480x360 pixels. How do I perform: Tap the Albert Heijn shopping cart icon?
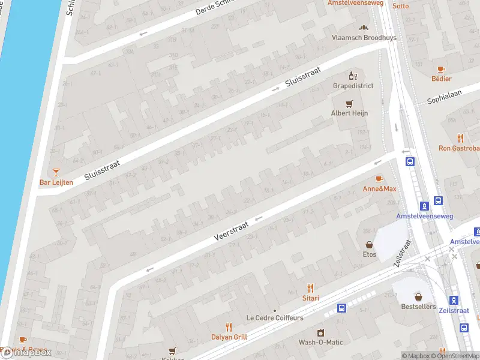click(x=350, y=103)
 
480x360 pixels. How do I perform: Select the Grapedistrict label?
click(x=353, y=86)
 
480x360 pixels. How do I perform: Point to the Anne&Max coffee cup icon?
click(x=379, y=179)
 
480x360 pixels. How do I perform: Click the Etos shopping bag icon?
click(x=369, y=245)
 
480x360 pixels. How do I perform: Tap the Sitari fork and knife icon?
click(x=310, y=288)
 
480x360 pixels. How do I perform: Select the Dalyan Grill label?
click(x=229, y=337)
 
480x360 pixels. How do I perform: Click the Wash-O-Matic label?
click(x=321, y=342)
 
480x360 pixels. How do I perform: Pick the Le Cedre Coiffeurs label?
click(x=275, y=317)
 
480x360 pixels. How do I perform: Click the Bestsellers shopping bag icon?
click(x=418, y=296)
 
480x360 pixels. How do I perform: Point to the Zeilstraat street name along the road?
click(x=403, y=254)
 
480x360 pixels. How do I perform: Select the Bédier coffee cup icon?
click(x=441, y=69)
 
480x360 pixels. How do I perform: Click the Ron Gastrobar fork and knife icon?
click(x=460, y=138)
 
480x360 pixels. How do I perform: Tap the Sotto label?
click(x=400, y=6)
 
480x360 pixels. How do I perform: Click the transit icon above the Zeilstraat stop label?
click(x=454, y=301)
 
